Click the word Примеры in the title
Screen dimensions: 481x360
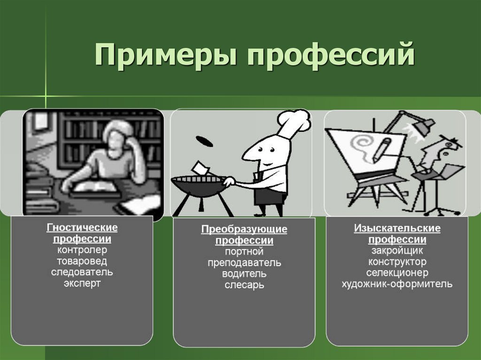(165, 54)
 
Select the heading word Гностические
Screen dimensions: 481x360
(82, 228)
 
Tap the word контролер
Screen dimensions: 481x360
(82, 250)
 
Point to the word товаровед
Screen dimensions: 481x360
(82, 261)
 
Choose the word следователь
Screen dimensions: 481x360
(82, 272)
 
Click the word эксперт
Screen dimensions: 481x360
(82, 283)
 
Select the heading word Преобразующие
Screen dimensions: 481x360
(244, 230)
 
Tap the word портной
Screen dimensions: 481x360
(244, 252)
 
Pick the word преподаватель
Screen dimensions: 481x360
(244, 263)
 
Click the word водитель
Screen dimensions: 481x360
(244, 274)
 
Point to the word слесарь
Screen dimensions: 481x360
(244, 285)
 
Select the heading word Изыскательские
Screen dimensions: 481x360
(397, 229)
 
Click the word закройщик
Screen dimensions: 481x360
(397, 251)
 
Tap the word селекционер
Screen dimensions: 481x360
(397, 273)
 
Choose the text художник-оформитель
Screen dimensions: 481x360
(397, 283)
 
